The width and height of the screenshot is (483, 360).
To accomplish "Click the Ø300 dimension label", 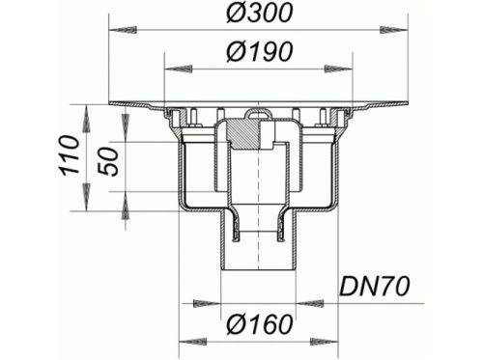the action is point(260,14).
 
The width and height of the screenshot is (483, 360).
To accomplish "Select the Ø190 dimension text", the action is point(260,51).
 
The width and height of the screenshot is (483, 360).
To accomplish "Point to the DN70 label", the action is point(375,287).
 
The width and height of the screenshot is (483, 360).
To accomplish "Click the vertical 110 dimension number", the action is point(71,155).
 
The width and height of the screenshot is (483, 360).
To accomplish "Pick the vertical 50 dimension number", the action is point(109,161).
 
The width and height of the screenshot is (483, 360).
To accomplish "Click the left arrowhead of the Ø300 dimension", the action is point(124,30).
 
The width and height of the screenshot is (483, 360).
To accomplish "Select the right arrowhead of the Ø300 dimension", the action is point(394,30).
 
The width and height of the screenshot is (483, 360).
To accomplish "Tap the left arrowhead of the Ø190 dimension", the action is point(179,69).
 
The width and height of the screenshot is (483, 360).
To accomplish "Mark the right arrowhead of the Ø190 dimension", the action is point(338,69).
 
